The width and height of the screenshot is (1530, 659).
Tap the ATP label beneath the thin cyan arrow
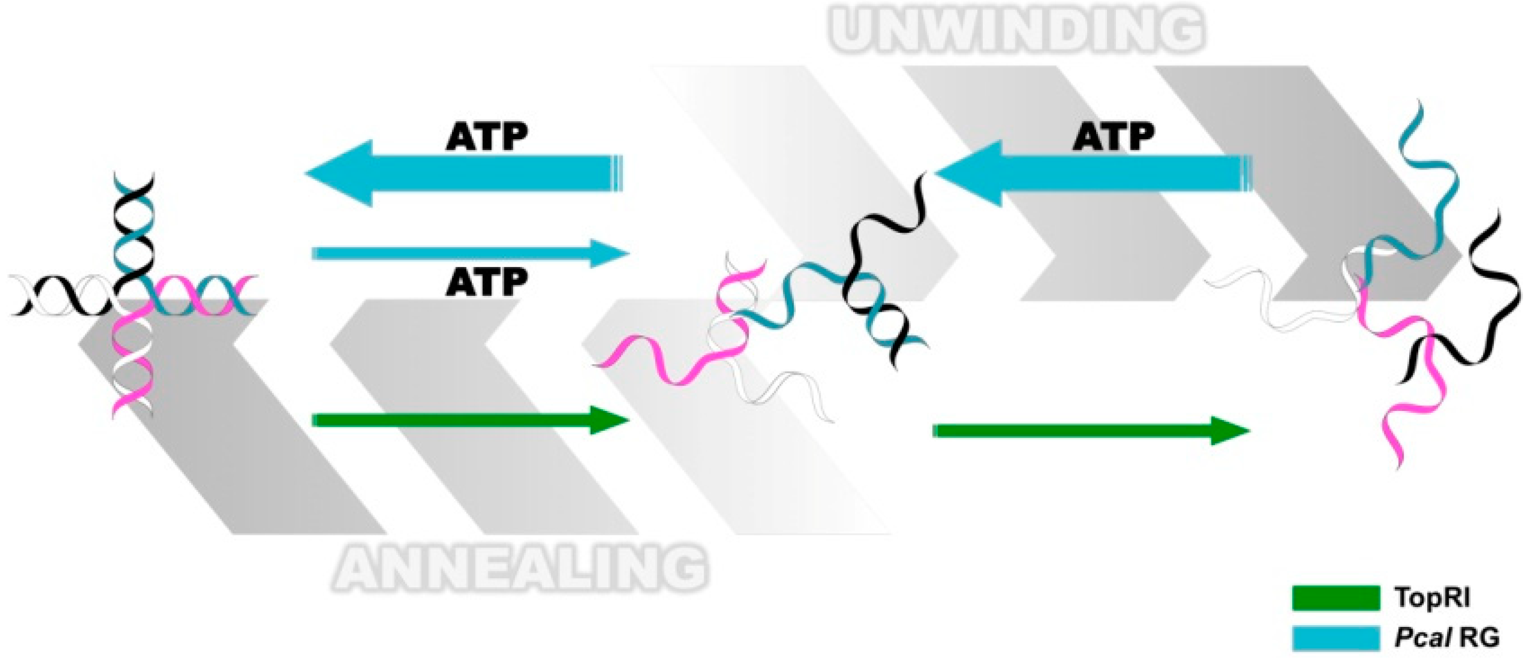tap(486, 282)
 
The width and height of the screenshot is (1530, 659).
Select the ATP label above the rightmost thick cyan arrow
tap(1113, 137)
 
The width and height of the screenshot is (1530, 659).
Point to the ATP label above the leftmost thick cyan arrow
tap(486, 137)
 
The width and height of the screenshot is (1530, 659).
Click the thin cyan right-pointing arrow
tap(469, 254)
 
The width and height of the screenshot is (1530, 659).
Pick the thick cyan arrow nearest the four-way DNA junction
tap(463, 174)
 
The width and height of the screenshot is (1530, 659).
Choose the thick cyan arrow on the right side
tap(1093, 174)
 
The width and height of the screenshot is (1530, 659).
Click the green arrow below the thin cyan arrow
tap(469, 420)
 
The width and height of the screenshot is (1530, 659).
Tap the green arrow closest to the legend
tap(1090, 431)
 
